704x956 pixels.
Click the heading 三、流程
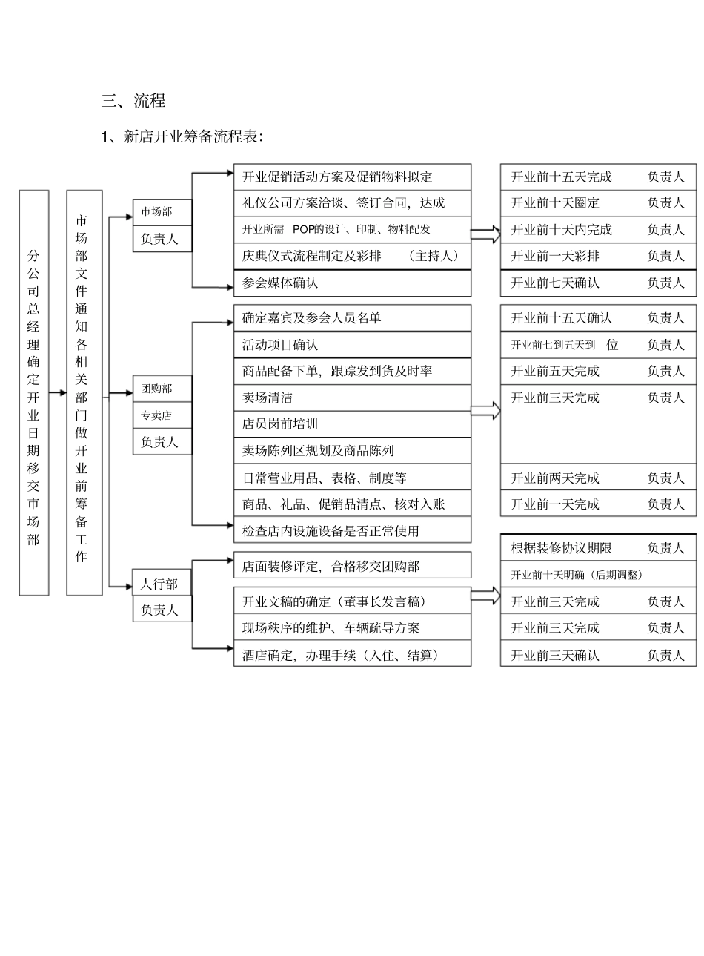[133, 101]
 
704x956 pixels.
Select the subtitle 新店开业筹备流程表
[193, 137]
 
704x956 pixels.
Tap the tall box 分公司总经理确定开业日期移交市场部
[34, 392]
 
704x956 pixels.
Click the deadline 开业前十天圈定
[555, 203]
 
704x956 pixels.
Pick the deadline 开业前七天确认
[555, 283]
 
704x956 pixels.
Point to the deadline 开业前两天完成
[555, 478]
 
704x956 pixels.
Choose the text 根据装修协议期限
[561, 548]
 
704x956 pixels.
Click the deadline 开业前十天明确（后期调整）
[577, 575]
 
